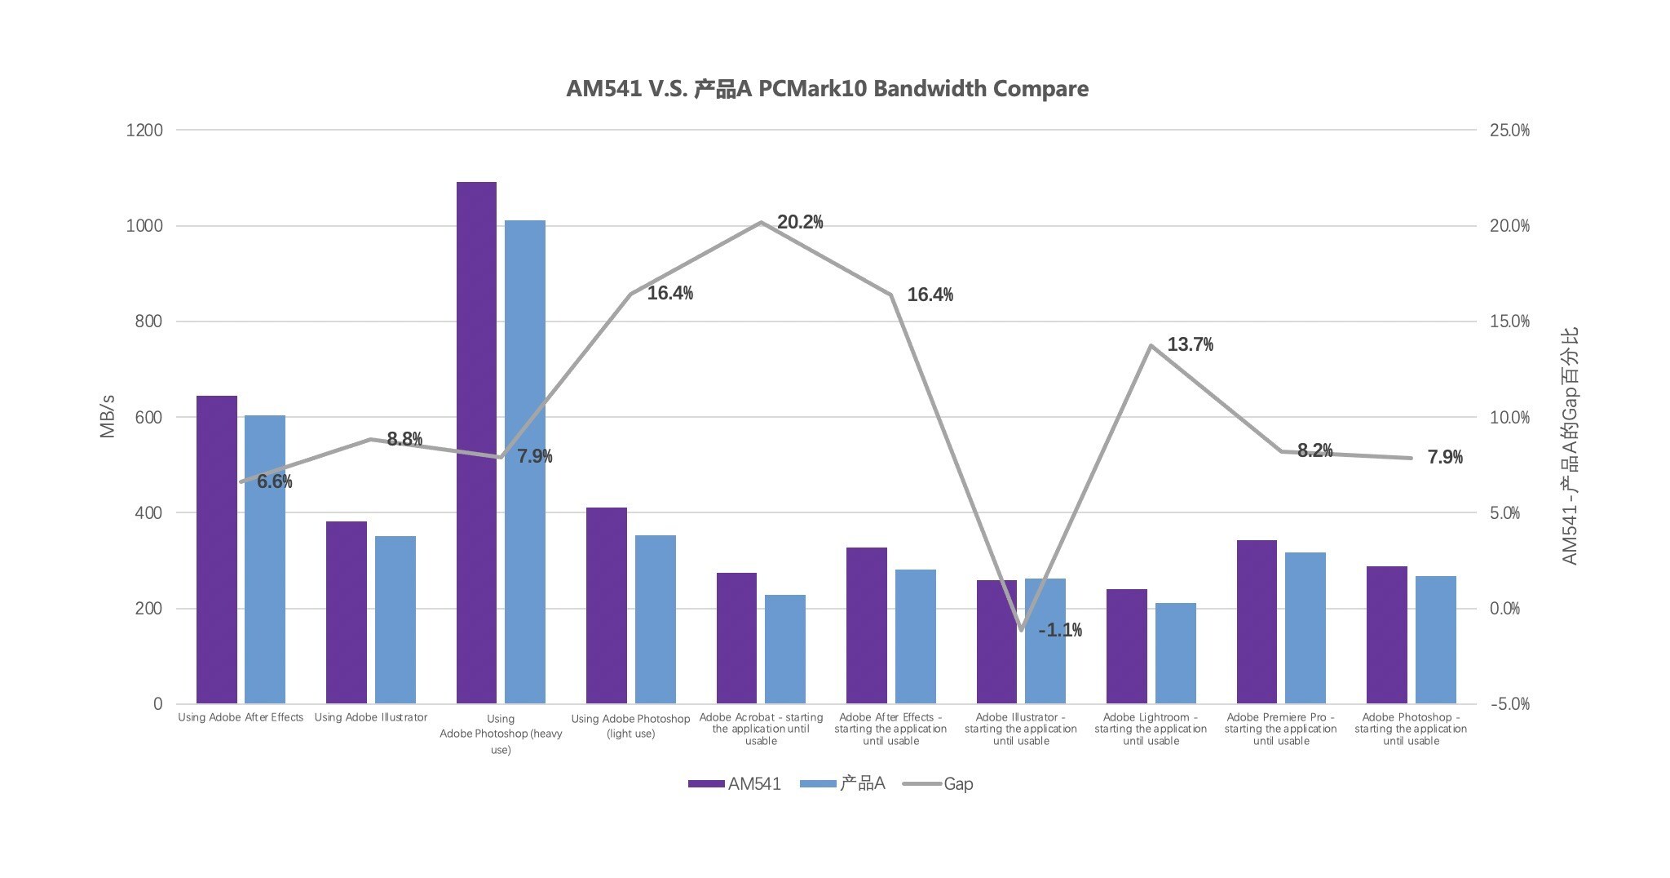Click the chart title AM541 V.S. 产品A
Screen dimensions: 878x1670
[x=827, y=89]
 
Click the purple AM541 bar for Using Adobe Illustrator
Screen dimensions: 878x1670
[x=347, y=612]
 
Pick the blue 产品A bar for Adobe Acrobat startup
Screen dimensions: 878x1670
[x=785, y=649]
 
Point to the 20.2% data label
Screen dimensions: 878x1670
[x=800, y=222]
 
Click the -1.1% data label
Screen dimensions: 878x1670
[x=1060, y=630]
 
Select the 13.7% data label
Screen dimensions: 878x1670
[x=1190, y=344]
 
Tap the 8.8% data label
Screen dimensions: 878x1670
[x=404, y=439]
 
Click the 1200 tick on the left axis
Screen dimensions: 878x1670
[x=144, y=131]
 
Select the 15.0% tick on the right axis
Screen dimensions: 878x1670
[x=1509, y=321]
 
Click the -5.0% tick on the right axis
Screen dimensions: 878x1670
[x=1509, y=704]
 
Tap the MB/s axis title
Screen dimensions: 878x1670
[x=108, y=416]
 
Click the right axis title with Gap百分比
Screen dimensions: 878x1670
[x=1570, y=446]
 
